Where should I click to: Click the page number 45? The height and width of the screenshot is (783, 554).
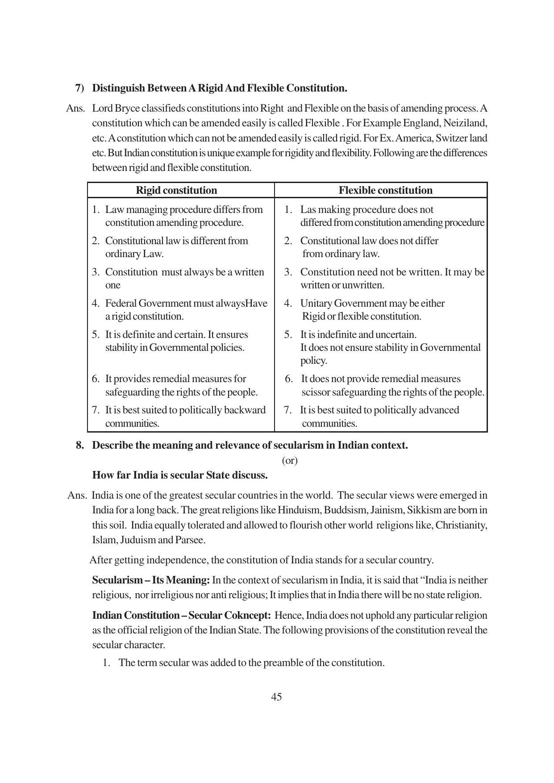click(276, 697)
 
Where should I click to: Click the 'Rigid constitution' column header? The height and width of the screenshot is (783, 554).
click(176, 190)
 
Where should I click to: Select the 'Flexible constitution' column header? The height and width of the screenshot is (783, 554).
click(385, 190)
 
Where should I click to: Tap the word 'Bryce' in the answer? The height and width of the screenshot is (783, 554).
click(134, 108)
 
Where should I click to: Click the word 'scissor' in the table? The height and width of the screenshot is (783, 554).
click(316, 392)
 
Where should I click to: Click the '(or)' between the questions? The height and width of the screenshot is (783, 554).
click(290, 460)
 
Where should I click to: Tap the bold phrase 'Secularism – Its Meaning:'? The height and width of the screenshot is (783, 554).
click(150, 580)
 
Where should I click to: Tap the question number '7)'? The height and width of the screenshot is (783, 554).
click(79, 88)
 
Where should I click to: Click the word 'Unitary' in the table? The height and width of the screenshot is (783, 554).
click(316, 304)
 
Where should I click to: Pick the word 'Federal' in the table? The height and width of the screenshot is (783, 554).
click(121, 304)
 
